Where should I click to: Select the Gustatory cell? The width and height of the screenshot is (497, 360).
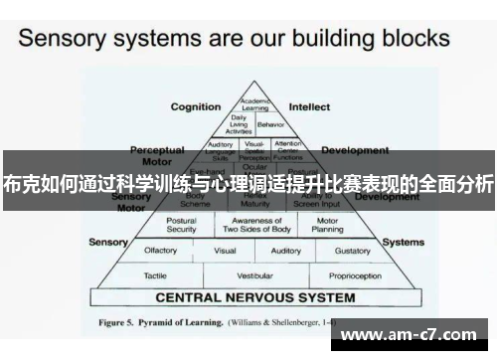[352, 252]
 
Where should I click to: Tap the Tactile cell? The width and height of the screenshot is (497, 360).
[155, 275]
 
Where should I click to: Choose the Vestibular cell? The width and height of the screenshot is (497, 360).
[255, 275]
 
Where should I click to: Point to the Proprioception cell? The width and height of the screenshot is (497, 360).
[357, 275]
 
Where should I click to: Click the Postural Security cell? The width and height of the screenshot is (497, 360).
[182, 225]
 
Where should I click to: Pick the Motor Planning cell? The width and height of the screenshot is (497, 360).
[328, 225]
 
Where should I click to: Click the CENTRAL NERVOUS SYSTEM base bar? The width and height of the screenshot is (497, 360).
[255, 296]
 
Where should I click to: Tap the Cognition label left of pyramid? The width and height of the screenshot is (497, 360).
[196, 106]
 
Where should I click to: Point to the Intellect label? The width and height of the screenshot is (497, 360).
[309, 106]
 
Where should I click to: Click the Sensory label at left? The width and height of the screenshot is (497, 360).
[108, 242]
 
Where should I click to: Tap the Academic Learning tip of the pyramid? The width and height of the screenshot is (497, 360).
[255, 105]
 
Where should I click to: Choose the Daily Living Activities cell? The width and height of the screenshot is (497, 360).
[240, 124]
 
